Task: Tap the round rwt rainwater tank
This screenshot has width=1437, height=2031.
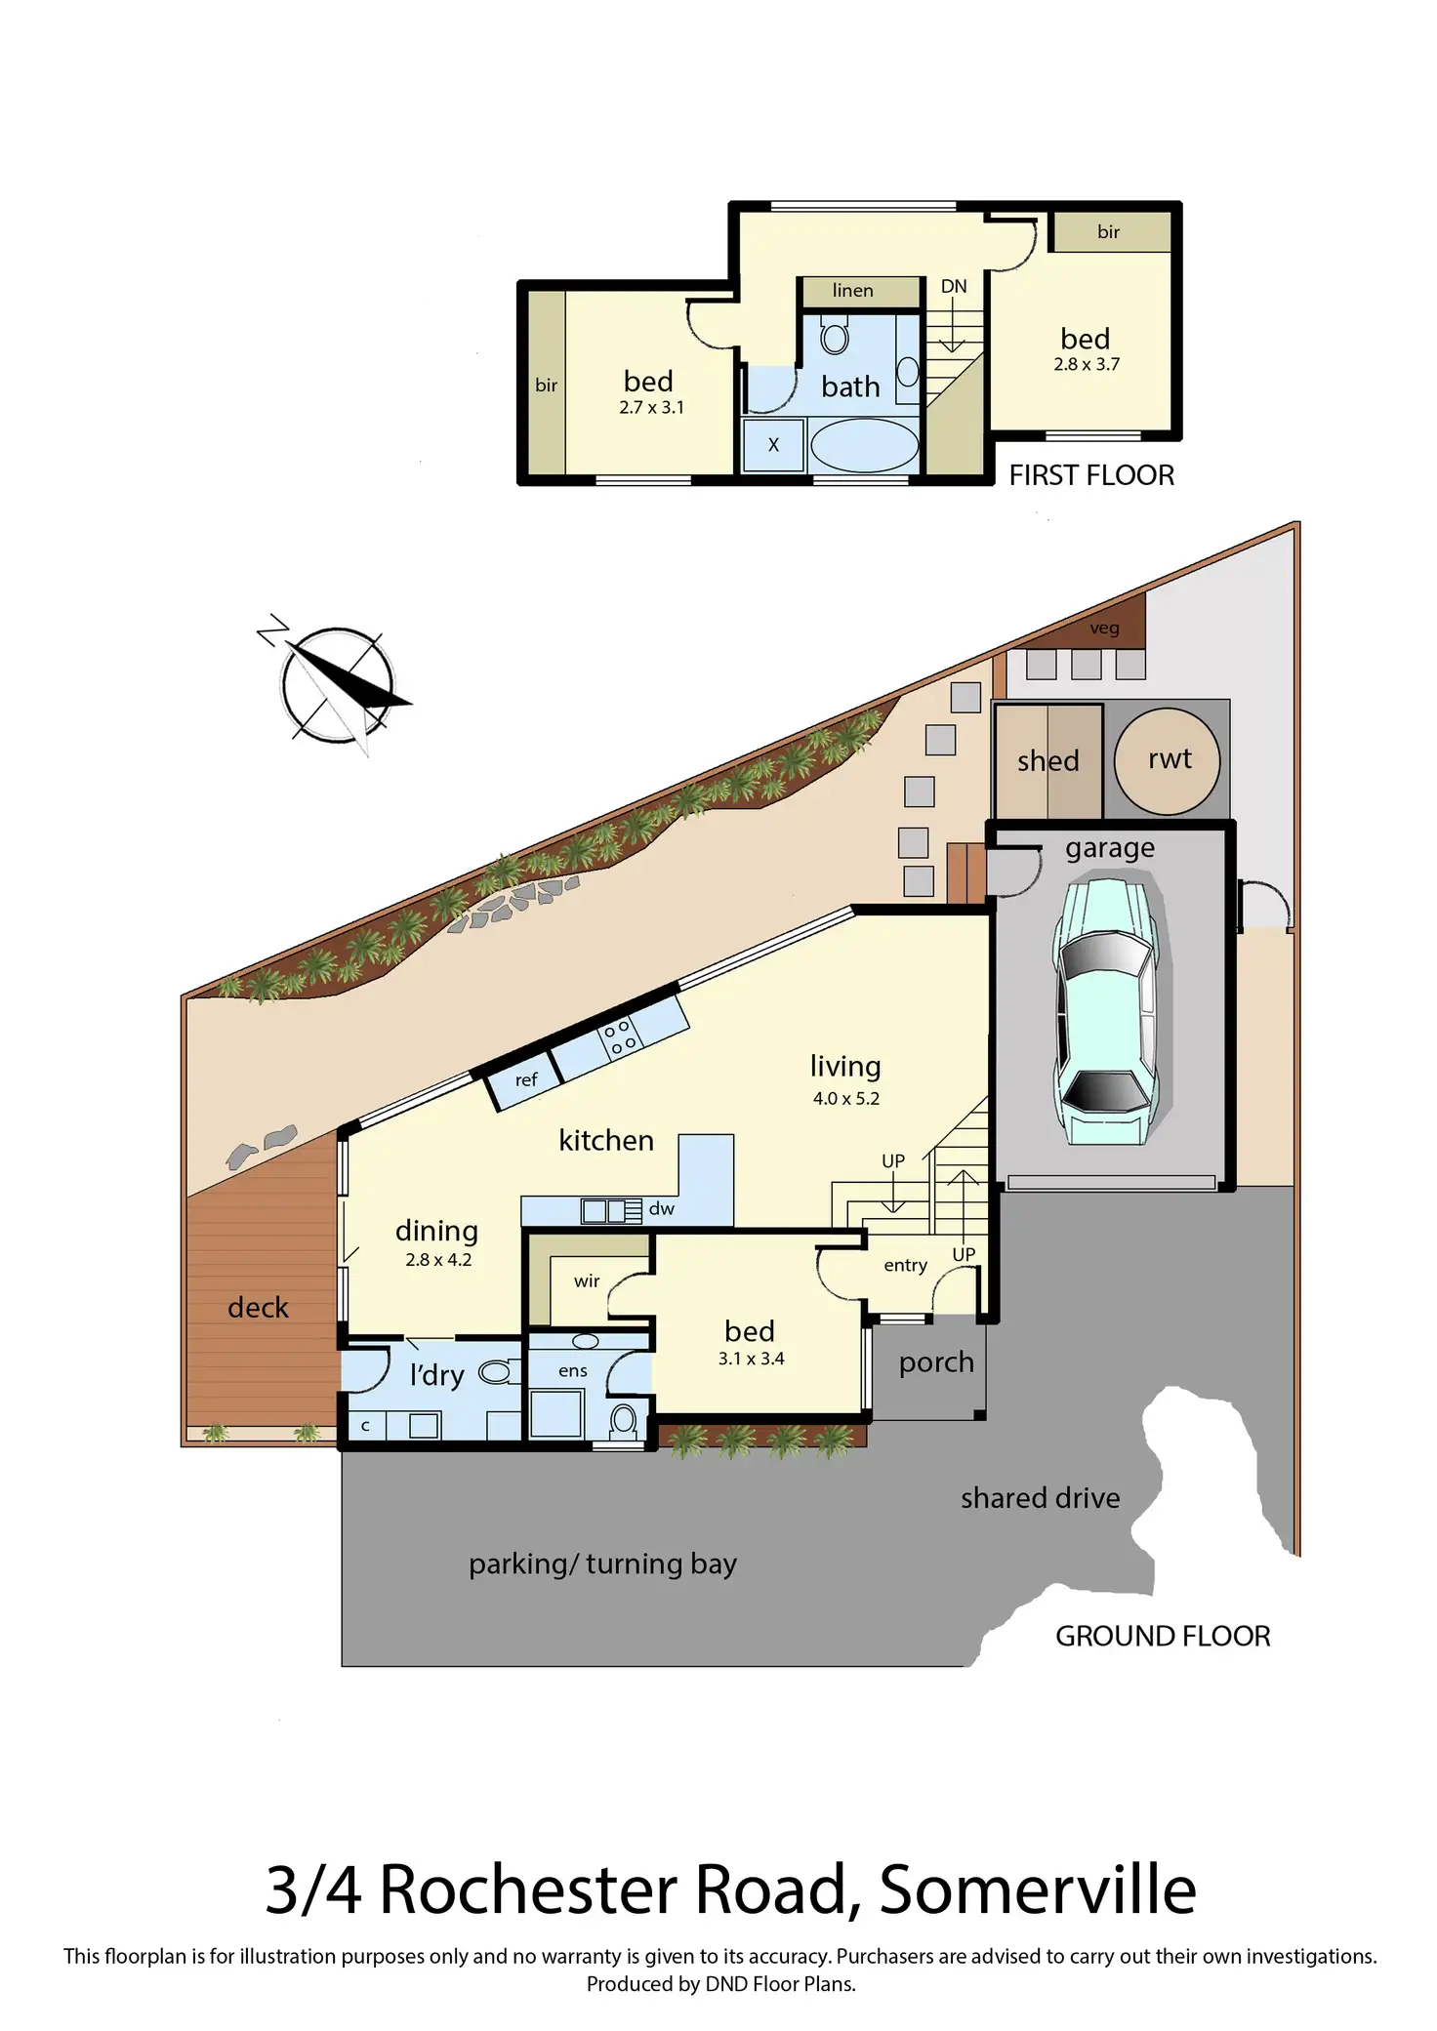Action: click(x=1167, y=760)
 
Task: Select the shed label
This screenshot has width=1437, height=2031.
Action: click(x=1047, y=761)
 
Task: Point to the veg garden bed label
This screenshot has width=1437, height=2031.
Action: click(x=1104, y=629)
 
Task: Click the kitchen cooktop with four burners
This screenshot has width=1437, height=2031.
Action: click(x=620, y=1036)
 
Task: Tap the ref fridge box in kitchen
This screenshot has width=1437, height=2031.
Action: click(x=525, y=1080)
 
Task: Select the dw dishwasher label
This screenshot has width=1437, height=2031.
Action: click(x=661, y=1209)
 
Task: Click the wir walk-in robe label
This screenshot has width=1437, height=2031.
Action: click(x=587, y=1281)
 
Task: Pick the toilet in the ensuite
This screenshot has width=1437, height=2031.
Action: click(x=624, y=1420)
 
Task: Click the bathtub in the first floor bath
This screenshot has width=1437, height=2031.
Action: click(x=864, y=445)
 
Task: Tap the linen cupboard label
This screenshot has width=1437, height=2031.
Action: click(x=852, y=291)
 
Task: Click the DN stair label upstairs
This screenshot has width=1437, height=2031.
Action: click(x=954, y=287)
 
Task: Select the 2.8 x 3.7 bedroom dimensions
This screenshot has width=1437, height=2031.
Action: click(x=1086, y=365)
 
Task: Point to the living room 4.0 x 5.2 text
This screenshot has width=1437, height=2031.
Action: click(x=845, y=1099)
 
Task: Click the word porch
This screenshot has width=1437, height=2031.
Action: click(x=936, y=1362)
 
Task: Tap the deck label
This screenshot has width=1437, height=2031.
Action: click(x=258, y=1308)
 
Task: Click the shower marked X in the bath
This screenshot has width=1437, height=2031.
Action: click(x=773, y=445)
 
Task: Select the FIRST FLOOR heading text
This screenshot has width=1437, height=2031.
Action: click(x=1090, y=475)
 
